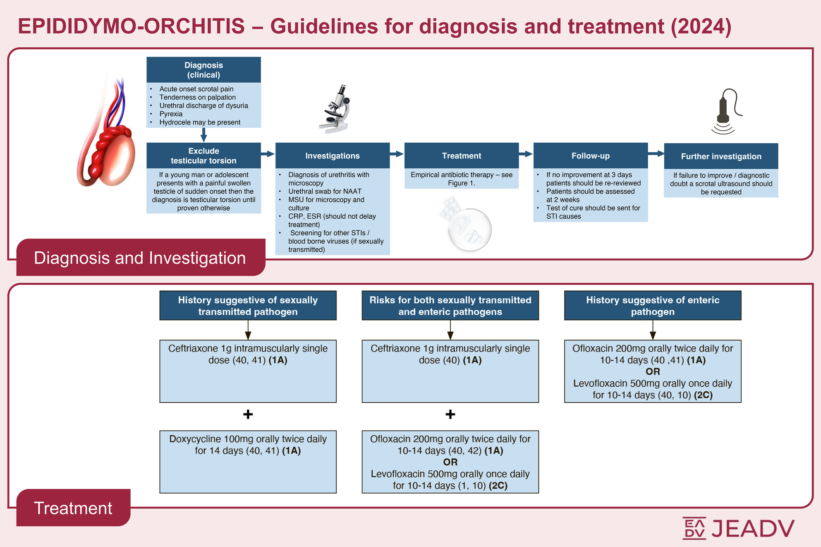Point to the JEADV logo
coord(738,528)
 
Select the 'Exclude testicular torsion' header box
coord(203,156)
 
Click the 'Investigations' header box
coord(333,156)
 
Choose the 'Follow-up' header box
coord(590,156)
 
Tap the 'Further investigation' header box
coord(721,156)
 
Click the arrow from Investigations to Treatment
coord(397,154)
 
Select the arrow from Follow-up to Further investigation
coord(656,154)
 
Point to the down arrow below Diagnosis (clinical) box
coord(203,135)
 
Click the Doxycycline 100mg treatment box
coord(248,461)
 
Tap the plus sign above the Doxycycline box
coord(248,414)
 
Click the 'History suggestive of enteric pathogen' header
coord(653,306)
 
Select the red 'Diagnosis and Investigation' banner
coord(141,258)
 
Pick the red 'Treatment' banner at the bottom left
coord(73,508)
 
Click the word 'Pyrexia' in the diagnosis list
coord(171,114)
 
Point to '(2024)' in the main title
coord(701,26)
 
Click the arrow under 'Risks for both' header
coord(450,330)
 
